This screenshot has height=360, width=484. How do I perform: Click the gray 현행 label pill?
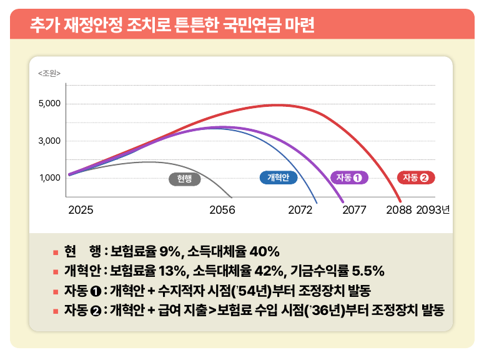coord(185,179)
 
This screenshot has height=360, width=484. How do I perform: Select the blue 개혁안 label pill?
coord(278,177)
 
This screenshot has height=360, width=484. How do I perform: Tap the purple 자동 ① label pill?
coord(349,177)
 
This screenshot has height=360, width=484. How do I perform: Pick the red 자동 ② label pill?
coord(416,177)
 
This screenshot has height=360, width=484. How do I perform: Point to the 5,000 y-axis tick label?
coord(49,103)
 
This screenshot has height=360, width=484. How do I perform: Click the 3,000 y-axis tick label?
coord(49,141)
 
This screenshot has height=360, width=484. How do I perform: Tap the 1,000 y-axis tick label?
coord(49,177)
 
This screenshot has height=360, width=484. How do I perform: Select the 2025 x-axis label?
coord(81,211)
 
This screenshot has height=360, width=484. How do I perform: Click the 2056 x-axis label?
coord(222,211)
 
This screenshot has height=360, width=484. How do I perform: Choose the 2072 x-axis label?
coord(300,211)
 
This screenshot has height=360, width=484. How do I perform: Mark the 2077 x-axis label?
coord(354,211)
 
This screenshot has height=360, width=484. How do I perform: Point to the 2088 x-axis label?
coord(399,211)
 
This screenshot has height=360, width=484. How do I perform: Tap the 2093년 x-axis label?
coord(433,211)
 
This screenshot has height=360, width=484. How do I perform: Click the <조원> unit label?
coord(49,74)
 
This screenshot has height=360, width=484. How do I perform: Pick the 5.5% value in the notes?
coord(368,271)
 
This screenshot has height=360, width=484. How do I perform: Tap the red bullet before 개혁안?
coord(56,272)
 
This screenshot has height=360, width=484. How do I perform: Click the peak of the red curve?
coord(278,104)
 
